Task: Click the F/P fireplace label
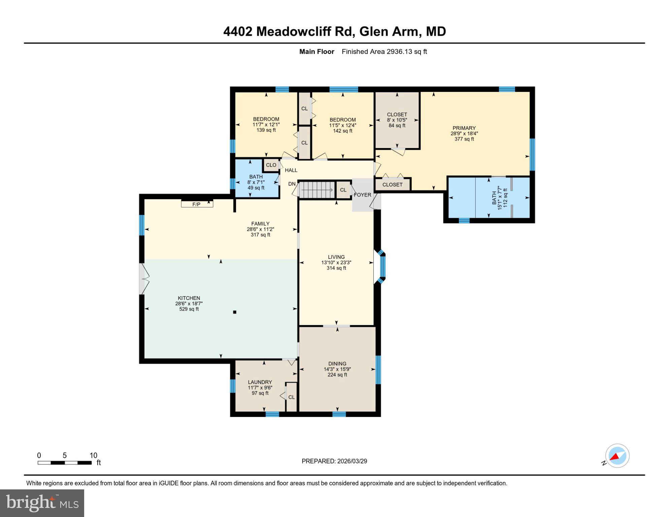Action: (x=196, y=204)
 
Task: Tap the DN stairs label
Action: (x=292, y=184)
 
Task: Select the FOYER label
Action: (x=363, y=195)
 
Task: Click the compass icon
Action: (x=617, y=456)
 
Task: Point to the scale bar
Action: (x=65, y=463)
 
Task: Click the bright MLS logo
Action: (x=42, y=503)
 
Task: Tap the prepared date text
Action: (x=334, y=461)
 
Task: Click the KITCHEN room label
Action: (x=189, y=298)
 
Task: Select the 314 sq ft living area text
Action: (x=336, y=268)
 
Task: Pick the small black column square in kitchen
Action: (x=235, y=312)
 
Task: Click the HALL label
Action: (x=291, y=170)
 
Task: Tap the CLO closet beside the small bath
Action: (x=271, y=165)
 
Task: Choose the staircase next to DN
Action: (x=317, y=190)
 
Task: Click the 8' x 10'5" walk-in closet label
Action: (x=397, y=120)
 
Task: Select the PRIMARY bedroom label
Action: (x=464, y=128)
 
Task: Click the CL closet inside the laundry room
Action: (x=291, y=397)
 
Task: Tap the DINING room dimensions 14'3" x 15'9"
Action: (x=337, y=369)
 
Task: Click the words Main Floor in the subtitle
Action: (x=316, y=51)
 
